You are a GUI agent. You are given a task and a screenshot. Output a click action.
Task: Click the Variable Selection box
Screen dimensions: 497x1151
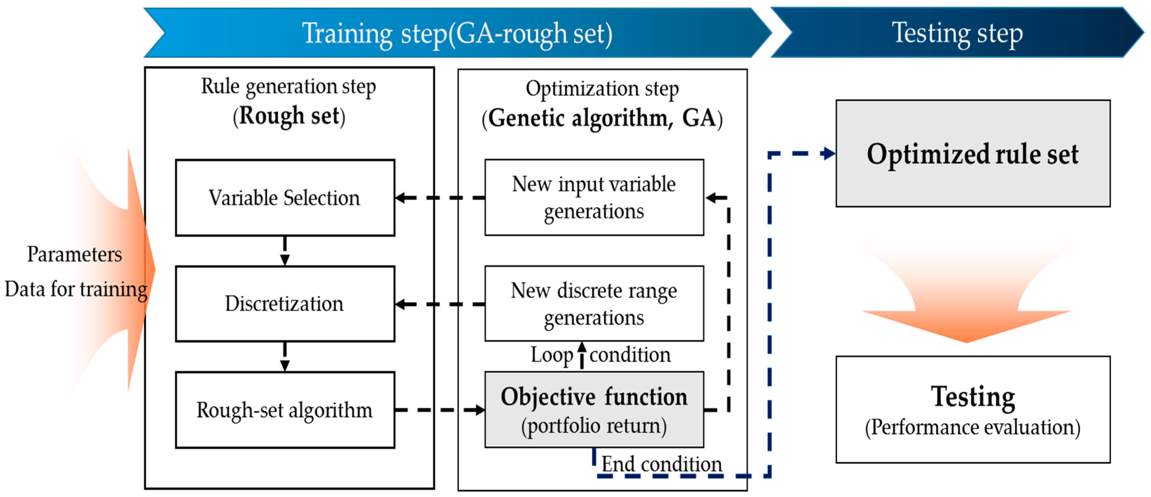[284, 198]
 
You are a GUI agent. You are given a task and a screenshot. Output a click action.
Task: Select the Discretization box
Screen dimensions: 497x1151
[284, 304]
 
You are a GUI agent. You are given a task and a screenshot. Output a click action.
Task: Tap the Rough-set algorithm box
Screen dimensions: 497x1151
[284, 410]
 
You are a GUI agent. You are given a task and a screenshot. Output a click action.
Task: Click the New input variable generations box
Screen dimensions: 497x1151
[594, 198]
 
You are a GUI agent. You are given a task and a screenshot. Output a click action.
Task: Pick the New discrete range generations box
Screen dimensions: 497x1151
[594, 304]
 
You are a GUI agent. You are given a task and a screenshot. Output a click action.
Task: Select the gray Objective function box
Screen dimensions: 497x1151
[594, 410]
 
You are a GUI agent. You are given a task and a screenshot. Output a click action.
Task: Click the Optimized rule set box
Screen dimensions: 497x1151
[973, 153]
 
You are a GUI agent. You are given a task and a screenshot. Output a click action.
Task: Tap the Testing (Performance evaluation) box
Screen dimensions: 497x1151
[973, 409]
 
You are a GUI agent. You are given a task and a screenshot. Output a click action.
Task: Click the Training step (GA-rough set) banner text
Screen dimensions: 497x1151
[457, 33]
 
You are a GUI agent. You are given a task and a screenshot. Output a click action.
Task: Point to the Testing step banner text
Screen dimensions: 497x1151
[957, 33]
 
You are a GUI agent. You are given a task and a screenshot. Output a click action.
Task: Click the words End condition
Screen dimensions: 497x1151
[661, 464]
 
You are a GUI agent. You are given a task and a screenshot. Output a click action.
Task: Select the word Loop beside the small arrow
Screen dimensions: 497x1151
[551, 356]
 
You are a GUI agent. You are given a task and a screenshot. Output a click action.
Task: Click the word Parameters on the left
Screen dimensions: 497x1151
[75, 254]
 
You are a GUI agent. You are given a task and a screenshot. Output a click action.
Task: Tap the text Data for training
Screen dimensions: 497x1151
[76, 289]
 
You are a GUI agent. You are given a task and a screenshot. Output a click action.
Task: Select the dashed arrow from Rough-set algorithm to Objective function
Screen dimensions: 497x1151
[440, 410]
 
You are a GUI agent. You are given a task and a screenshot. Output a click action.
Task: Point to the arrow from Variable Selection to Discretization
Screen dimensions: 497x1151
[284, 251]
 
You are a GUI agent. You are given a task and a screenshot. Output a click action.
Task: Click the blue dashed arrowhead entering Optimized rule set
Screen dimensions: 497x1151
[828, 153]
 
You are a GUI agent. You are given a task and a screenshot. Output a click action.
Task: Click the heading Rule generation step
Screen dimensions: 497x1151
[288, 86]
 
